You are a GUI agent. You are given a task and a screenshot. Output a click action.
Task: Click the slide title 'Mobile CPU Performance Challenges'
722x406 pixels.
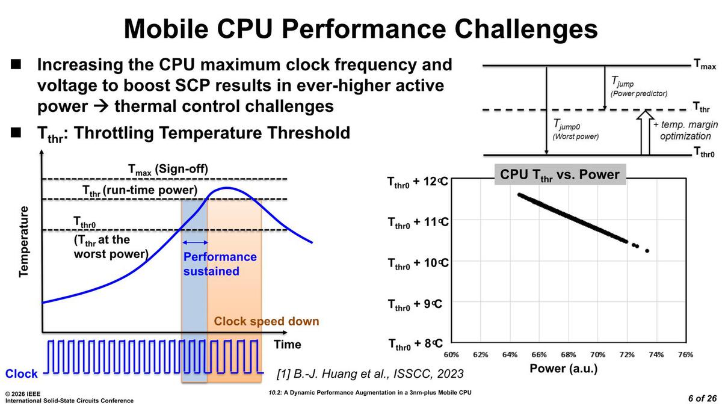click(x=360, y=29)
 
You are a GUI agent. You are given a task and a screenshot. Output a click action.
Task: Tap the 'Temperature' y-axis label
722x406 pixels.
click(x=24, y=241)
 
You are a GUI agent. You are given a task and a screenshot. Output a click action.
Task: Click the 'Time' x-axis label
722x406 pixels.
click(x=288, y=345)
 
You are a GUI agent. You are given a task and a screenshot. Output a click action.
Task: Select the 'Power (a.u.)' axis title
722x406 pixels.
click(x=564, y=368)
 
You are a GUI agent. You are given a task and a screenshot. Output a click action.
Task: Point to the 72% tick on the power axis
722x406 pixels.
click(x=627, y=355)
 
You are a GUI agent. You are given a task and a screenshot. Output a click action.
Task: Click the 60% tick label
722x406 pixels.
click(x=451, y=355)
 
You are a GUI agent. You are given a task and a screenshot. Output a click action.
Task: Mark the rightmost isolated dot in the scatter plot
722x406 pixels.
click(x=647, y=251)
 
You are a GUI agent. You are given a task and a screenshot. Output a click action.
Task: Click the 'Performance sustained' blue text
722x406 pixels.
click(x=220, y=264)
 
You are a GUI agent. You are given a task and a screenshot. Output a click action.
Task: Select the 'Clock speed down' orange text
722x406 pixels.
click(x=267, y=321)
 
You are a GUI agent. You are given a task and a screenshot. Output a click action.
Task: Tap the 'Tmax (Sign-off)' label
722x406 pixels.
click(x=168, y=169)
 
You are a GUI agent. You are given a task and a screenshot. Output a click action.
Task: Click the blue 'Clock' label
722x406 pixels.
click(x=21, y=374)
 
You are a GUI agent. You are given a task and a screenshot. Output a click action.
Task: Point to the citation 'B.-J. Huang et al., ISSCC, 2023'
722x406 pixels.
click(x=370, y=374)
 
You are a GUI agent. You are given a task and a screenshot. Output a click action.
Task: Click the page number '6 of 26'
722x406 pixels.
click(x=702, y=398)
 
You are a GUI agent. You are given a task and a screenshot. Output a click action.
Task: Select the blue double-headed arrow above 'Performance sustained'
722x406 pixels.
click(x=194, y=242)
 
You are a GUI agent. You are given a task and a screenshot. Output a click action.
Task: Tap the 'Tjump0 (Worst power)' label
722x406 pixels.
click(x=575, y=129)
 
